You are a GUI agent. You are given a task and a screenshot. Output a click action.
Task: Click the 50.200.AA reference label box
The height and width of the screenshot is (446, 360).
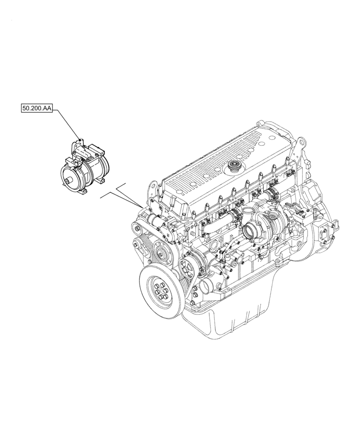[x=37, y=108]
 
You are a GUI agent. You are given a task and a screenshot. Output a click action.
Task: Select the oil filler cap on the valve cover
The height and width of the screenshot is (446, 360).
[x=233, y=167]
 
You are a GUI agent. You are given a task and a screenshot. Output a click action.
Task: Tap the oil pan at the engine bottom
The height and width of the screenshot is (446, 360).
[x=232, y=326]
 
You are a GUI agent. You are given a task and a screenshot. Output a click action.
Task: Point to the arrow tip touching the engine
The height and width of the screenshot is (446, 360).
[x=141, y=206]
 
